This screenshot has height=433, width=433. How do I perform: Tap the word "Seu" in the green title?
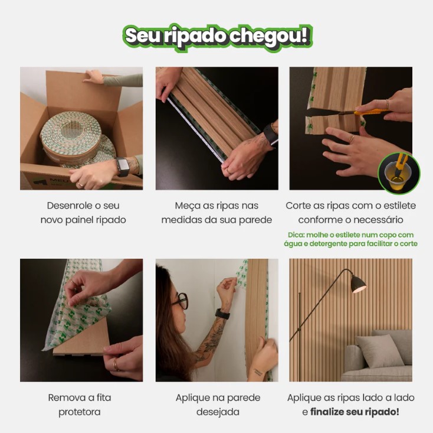tap(142, 36)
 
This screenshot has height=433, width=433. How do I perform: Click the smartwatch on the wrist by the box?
tap(123, 167)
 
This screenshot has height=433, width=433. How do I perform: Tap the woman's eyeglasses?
tap(180, 301)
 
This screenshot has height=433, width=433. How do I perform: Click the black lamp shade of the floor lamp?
tap(357, 284)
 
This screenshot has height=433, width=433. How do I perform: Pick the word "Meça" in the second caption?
tap(187, 206)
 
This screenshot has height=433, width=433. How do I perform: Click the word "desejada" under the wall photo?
tap(218, 412)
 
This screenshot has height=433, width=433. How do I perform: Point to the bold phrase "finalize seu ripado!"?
tap(355, 412)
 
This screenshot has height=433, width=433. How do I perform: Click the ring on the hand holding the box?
tap(80, 184)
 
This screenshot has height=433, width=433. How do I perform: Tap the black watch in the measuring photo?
tap(271, 134)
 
